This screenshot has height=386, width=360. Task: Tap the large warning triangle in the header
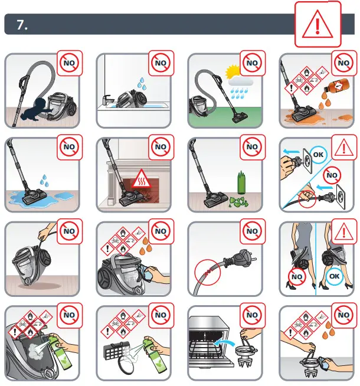318,24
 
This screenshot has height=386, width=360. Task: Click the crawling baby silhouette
37,109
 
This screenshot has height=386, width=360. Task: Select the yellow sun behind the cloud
232,71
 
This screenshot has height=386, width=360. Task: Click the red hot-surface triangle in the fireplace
140,178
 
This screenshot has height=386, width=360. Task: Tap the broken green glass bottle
241,182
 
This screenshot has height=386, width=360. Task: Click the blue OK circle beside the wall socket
318,155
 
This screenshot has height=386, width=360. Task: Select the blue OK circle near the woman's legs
334,276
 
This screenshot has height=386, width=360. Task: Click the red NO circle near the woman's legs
297,277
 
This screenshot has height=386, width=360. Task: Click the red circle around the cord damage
207,272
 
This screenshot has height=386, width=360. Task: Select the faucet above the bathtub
108,100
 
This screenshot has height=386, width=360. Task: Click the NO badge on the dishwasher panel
252,315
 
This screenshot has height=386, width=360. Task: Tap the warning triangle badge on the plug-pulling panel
343,148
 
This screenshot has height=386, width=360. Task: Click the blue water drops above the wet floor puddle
44,181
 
